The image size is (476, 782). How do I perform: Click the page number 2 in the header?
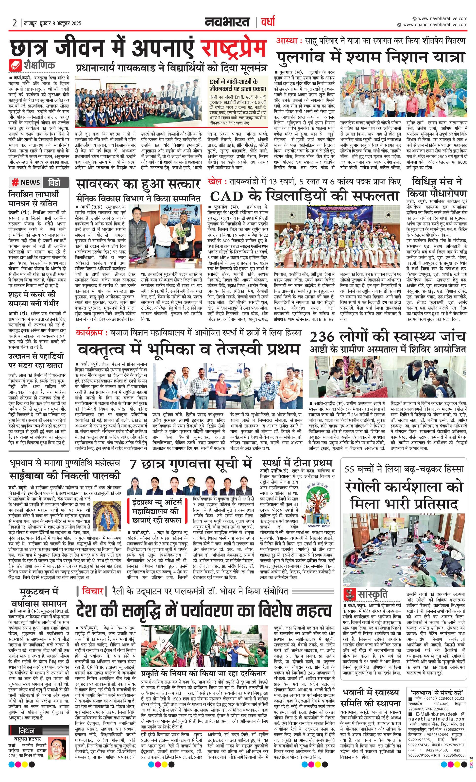tap(15, 23)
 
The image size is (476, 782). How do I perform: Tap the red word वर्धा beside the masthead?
tap(268, 22)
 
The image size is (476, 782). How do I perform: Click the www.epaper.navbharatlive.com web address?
tap(435, 25)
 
